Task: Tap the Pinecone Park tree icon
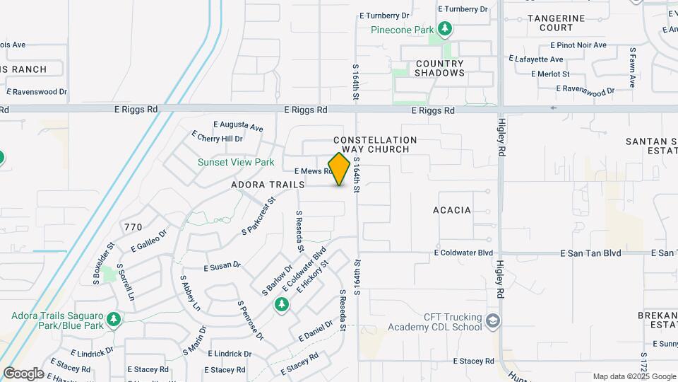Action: (x=444, y=29)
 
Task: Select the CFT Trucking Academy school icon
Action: (x=493, y=322)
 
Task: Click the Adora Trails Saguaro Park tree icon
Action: (x=113, y=320)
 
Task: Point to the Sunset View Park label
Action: (x=236, y=162)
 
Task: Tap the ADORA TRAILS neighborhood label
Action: (x=268, y=185)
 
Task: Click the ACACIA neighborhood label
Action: (x=452, y=210)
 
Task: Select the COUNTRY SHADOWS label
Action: (x=439, y=68)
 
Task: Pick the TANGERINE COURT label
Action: (x=556, y=23)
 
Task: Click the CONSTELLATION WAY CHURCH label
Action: (x=375, y=144)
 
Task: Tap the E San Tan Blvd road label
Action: (x=590, y=253)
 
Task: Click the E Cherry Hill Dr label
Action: (x=217, y=138)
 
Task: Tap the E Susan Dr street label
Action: (x=222, y=267)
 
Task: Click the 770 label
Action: (x=133, y=227)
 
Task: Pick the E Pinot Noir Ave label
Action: (x=572, y=45)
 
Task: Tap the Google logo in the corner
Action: (x=23, y=373)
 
